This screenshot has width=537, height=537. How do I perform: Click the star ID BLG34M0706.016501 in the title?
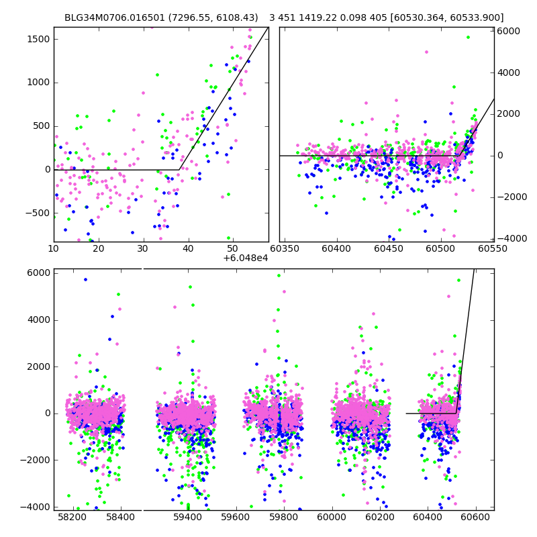pos(109,18)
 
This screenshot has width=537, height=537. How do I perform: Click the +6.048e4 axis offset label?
pos(245,258)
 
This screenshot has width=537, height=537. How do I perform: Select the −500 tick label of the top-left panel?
pos(38,213)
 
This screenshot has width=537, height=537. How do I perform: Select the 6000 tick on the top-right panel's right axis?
pos(507,31)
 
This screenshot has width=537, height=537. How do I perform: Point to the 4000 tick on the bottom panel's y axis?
pos(38,320)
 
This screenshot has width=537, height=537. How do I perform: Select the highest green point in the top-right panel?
pos(468,38)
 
